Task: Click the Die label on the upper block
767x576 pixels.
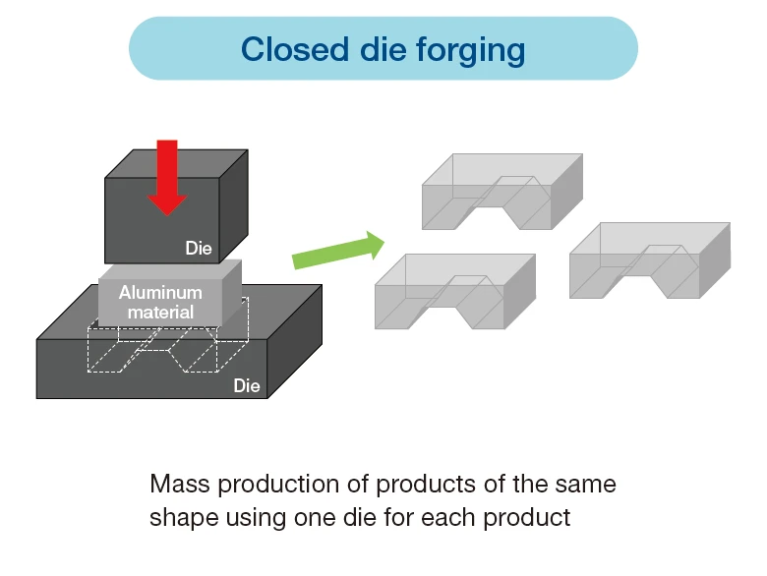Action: (199, 249)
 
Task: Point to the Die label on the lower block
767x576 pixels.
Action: (247, 386)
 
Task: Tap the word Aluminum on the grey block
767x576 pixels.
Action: (160, 292)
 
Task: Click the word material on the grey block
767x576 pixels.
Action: (160, 312)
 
